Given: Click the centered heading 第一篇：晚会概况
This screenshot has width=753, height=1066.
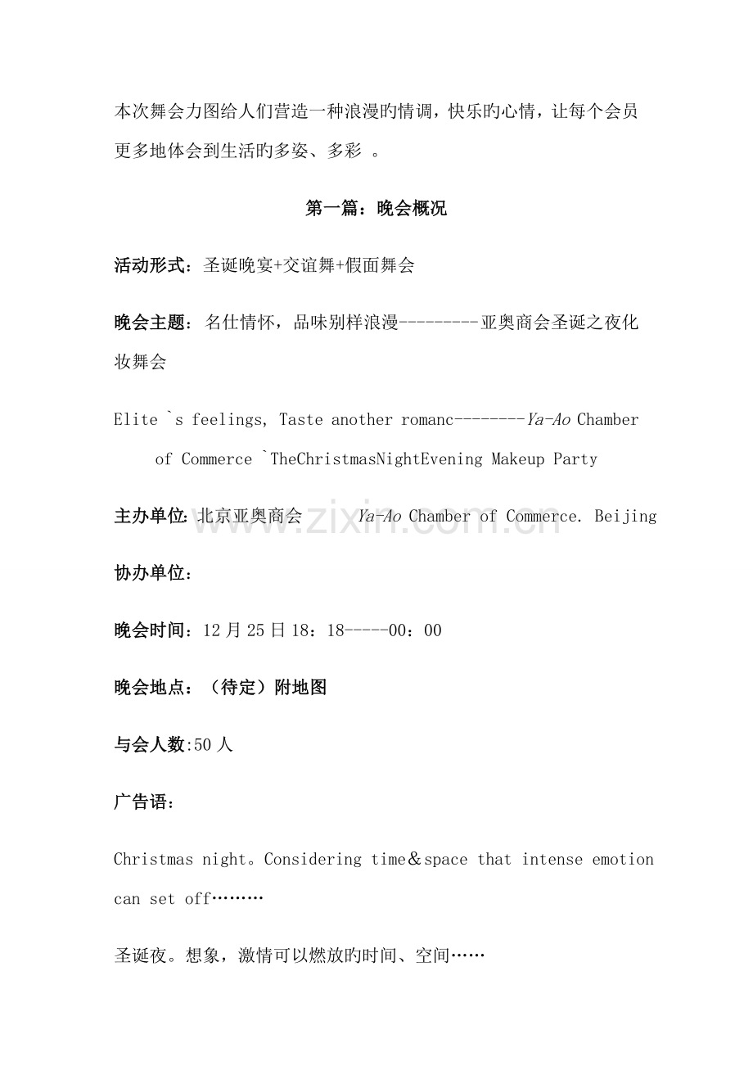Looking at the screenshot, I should tap(376, 209).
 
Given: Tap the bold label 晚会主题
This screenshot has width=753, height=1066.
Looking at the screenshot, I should tap(150, 323).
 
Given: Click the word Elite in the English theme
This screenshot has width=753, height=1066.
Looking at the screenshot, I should tap(136, 420).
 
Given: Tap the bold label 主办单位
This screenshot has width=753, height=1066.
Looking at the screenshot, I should tap(150, 517).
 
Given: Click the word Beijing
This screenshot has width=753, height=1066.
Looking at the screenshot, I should tap(625, 517).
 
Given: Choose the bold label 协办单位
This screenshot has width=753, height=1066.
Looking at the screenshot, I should tap(150, 574).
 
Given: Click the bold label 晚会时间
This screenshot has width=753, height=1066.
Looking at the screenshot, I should tap(150, 630).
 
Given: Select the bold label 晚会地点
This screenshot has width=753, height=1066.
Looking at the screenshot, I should tap(150, 688).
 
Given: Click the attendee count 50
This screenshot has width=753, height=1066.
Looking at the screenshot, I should tap(204, 745).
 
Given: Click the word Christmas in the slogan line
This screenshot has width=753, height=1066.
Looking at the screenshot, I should tap(153, 860).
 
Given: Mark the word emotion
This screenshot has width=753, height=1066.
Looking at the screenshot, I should tap(623, 860).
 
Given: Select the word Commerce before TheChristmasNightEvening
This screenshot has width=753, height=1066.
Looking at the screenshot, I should tap(217, 459).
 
